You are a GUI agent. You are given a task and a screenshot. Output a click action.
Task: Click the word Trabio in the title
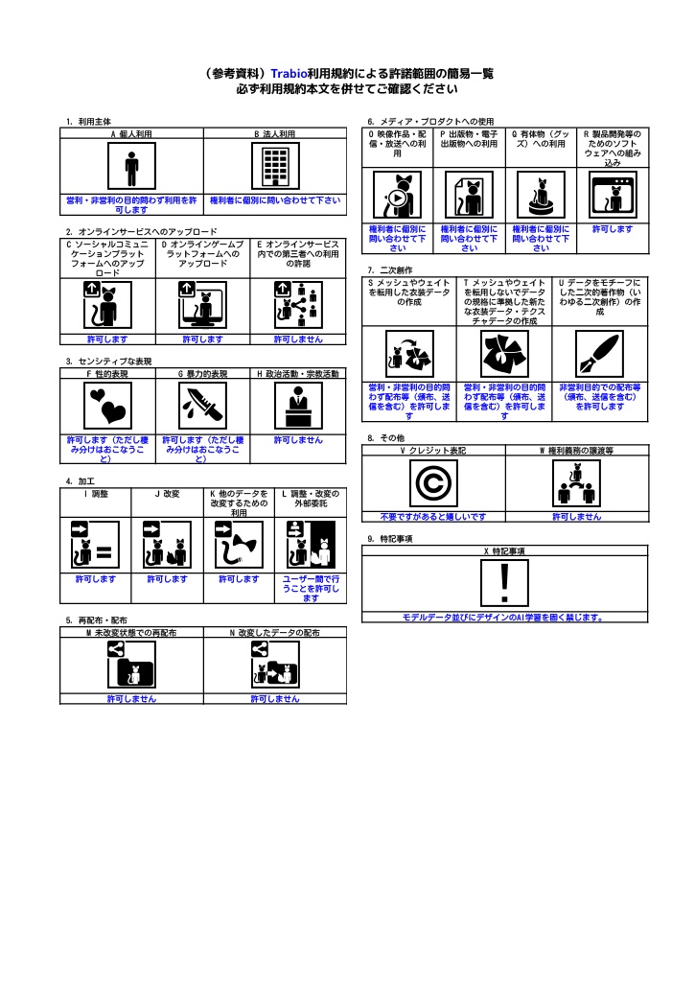(x=289, y=74)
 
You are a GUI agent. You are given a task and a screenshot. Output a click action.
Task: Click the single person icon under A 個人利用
(x=131, y=166)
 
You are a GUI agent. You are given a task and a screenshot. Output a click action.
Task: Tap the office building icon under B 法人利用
(x=275, y=166)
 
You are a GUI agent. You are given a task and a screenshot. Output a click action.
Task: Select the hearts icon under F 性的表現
(x=107, y=406)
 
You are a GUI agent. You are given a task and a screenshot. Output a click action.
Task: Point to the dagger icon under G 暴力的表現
(x=203, y=406)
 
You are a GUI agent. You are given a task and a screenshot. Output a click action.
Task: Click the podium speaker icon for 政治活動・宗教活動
(x=298, y=406)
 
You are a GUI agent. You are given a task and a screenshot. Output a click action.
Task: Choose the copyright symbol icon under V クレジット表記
(x=433, y=483)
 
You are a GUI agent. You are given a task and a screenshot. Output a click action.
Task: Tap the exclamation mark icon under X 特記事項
(x=504, y=584)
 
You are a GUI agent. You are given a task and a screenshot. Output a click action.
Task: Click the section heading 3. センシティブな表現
(x=109, y=362)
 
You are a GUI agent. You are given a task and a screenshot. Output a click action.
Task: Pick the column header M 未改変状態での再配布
(x=131, y=633)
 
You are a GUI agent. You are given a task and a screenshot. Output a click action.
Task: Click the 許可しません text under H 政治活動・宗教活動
(x=298, y=440)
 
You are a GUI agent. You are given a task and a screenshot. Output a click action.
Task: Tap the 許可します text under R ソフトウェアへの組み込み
(x=613, y=229)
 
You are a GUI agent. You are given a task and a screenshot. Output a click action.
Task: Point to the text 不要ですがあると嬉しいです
(x=433, y=517)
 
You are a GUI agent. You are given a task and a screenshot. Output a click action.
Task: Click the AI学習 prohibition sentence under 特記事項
(x=504, y=618)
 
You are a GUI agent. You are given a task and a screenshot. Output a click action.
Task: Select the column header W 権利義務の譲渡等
(x=577, y=451)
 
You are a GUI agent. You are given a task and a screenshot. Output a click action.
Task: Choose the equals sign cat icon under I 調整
(x=95, y=545)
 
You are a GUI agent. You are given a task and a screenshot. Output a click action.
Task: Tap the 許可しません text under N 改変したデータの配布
(x=275, y=699)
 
